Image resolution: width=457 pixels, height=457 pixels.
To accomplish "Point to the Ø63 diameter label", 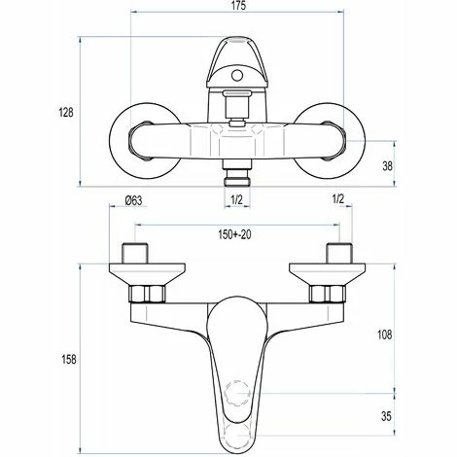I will click(135, 201).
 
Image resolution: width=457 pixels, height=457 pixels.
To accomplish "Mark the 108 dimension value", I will click(383, 335).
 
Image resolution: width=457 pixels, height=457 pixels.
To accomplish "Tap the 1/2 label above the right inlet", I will click(339, 201).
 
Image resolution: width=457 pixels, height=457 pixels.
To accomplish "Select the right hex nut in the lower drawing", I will click(325, 292).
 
